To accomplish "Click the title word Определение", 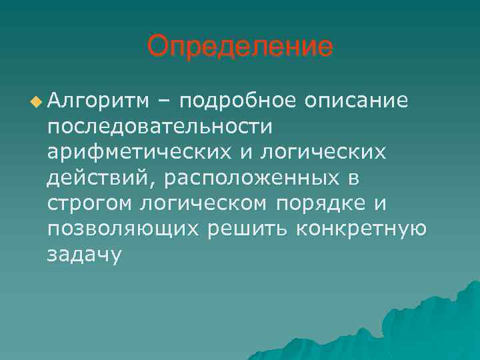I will tap(239, 47).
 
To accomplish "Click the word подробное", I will tap(237, 101).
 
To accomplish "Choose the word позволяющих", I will tap(123, 229).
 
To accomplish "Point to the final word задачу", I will tap(85, 255).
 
